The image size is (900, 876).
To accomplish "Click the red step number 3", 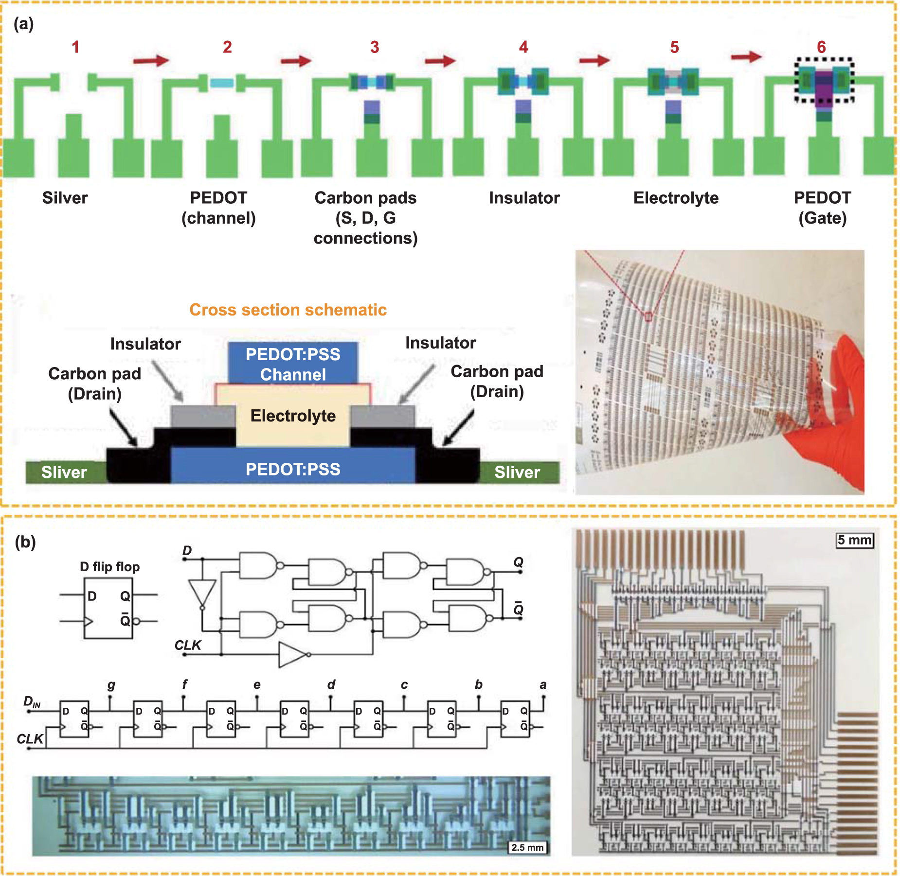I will (374, 47).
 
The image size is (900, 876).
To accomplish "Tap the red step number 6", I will (821, 47).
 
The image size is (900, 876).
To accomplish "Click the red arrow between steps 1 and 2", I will (151, 60).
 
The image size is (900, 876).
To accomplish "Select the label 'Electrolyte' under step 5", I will (676, 198).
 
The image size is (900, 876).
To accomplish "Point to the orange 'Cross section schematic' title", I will (288, 310).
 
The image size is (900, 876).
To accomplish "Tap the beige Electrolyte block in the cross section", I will (293, 416).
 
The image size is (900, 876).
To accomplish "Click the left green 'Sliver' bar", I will (64, 472).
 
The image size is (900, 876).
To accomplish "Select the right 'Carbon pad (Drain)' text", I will (497, 381).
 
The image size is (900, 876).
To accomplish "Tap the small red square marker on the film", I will (648, 317).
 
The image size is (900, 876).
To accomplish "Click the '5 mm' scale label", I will (855, 540).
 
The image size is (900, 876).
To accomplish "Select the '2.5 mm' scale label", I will (527, 847).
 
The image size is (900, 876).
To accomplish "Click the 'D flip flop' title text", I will (109, 567).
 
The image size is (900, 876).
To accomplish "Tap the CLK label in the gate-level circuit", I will (188, 645).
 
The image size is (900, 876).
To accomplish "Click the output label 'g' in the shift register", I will (111, 685).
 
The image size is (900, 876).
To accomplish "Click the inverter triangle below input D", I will (202, 593).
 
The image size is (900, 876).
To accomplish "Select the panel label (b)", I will (25, 542).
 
